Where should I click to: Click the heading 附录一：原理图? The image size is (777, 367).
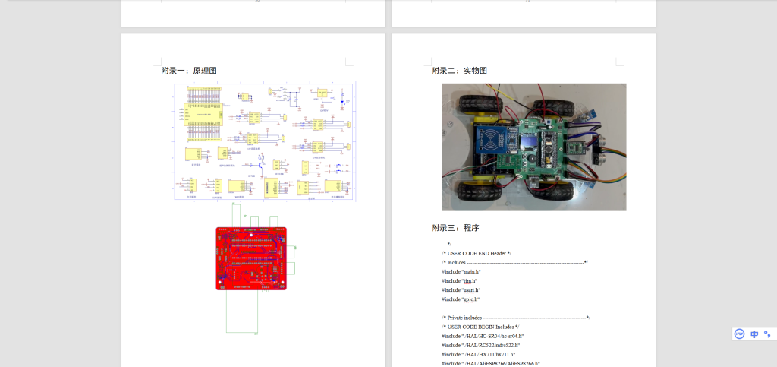point(189,71)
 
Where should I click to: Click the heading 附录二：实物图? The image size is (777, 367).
point(459,71)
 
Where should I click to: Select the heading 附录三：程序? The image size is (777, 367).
point(455,228)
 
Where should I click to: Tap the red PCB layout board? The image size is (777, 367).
point(251,258)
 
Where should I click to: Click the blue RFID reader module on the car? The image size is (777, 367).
point(491,143)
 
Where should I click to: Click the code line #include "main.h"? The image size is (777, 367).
point(461,271)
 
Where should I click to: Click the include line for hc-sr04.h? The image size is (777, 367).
point(483,336)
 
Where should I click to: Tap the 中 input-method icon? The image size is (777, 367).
point(754,334)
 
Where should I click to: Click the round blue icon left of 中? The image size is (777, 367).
point(739,334)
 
